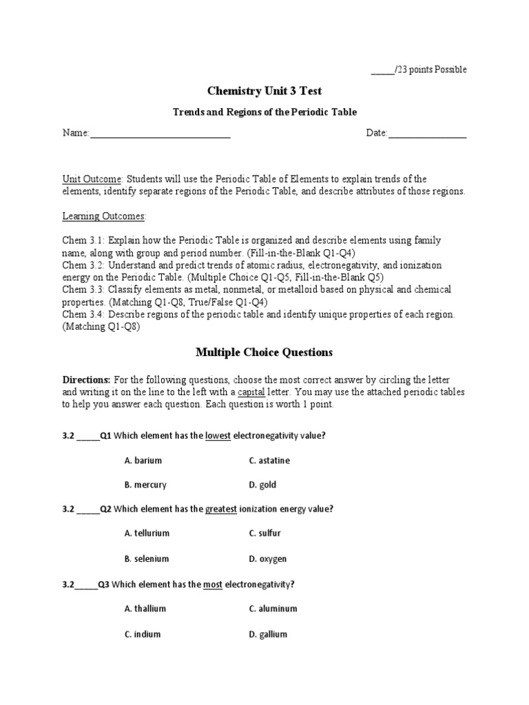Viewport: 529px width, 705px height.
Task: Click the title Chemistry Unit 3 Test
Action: pos(264,91)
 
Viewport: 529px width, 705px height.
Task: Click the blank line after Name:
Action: pos(160,134)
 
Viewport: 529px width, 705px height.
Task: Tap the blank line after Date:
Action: pos(427,134)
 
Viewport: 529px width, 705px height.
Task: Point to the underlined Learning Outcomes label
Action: pos(104,216)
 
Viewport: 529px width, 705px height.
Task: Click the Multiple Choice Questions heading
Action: pos(264,352)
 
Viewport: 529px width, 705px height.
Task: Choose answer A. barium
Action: pos(143,461)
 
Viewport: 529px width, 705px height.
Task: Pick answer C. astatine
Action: pos(269,461)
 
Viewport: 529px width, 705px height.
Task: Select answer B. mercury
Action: pos(145,485)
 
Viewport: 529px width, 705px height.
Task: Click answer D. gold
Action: pos(262,485)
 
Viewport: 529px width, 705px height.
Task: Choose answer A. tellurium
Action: pos(147,534)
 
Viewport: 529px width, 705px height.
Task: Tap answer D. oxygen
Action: pos(268,558)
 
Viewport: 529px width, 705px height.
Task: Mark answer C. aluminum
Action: pos(273,609)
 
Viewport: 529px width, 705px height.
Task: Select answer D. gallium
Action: pos(268,634)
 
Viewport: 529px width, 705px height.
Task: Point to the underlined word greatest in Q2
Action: pos(221,509)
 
